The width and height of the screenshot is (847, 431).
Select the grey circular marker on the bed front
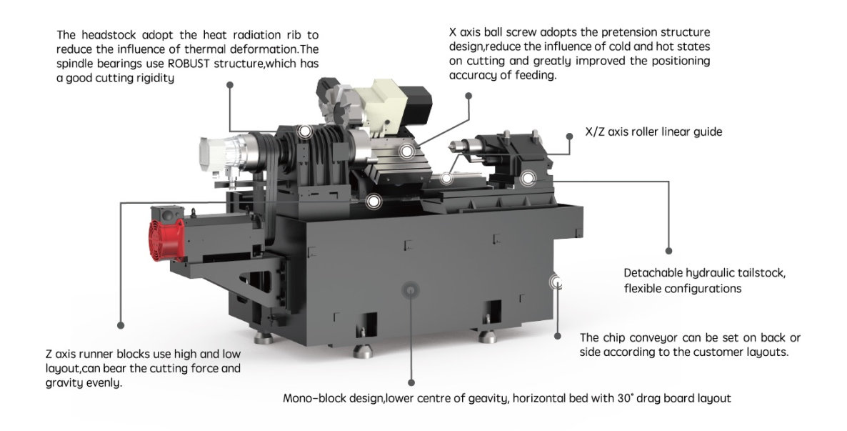(x=410, y=289)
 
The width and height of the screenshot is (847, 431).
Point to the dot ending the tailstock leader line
(x=669, y=252)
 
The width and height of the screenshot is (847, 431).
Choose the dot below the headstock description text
(x=229, y=84)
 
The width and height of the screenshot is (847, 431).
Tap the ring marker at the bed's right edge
(x=556, y=282)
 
